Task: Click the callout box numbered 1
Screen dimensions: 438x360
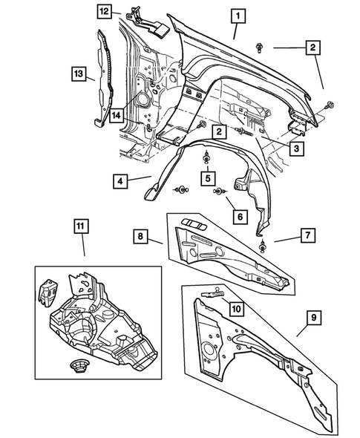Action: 238,15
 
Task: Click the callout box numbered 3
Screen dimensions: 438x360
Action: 295,148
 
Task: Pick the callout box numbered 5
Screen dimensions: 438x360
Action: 209,180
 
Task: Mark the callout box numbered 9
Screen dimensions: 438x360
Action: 314,318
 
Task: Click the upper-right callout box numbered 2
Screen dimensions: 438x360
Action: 313,47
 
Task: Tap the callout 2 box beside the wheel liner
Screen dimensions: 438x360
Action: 219,131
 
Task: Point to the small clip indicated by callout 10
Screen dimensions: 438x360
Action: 215,294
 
